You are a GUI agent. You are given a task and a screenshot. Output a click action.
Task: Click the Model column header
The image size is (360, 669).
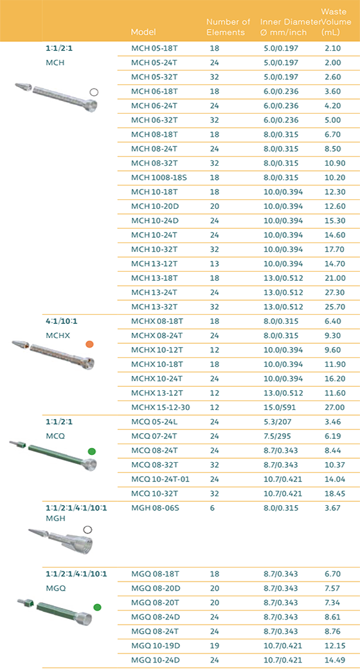pos(143,32)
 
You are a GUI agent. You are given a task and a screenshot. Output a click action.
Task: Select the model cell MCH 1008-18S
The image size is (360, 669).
pos(159,177)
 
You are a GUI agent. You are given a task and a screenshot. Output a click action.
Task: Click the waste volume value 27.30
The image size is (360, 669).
pos(334,292)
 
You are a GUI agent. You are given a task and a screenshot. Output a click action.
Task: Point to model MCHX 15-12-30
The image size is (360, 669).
pos(161,407)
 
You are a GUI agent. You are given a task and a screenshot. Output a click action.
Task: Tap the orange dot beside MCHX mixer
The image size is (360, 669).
pos(89,344)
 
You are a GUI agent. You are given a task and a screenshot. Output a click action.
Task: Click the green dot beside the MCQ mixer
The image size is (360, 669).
pos(91,451)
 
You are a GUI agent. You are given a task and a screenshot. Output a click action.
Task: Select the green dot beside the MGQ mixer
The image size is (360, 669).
pos(97,607)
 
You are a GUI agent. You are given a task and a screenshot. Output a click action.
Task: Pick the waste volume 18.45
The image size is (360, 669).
pos(334,494)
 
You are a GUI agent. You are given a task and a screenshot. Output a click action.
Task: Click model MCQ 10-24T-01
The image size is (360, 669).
pos(160,479)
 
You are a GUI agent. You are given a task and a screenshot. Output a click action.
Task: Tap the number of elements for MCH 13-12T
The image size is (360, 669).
pos(214,263)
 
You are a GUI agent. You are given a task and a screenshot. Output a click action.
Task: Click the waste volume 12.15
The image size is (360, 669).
pos(334,645)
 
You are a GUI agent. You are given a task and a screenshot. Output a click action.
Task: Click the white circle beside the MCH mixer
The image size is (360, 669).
pos(94,92)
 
